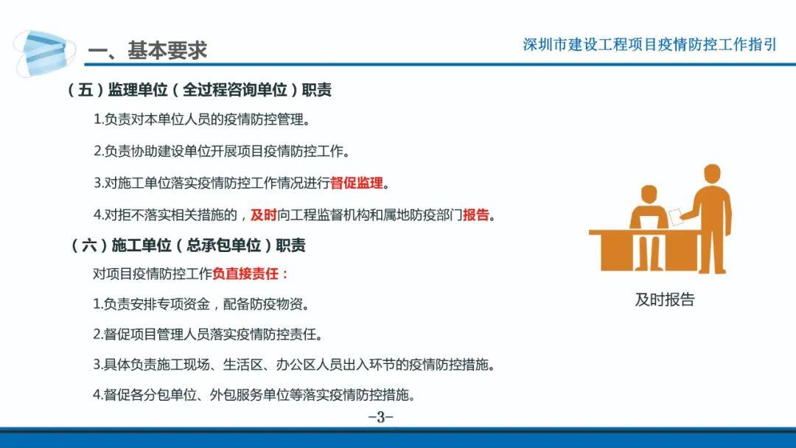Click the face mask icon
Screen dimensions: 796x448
pyautogui.click(x=44, y=53)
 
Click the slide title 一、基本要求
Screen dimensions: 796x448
pyautogui.click(x=147, y=50)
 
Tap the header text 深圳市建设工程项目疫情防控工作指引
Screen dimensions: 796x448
pyautogui.click(x=649, y=45)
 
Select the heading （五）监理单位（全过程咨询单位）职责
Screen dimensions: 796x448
pyautogui.click(x=200, y=90)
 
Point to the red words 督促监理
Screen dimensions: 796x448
pyautogui.click(x=357, y=183)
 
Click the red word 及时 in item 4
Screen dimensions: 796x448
pyautogui.click(x=263, y=215)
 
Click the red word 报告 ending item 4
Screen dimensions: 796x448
pyautogui.click(x=475, y=215)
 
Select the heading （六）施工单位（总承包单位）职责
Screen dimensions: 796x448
pyautogui.click(x=189, y=245)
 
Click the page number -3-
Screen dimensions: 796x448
pyautogui.click(x=381, y=417)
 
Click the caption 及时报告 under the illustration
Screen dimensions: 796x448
pyautogui.click(x=665, y=300)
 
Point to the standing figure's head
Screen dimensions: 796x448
pyautogui.click(x=712, y=172)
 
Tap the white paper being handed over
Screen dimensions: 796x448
pyautogui.click(x=676, y=217)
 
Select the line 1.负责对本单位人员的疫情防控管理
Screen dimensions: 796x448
pyautogui.click(x=202, y=120)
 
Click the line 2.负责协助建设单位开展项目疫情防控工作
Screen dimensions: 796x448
pyautogui.click(x=222, y=151)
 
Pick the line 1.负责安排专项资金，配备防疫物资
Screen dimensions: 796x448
pyautogui.click(x=201, y=304)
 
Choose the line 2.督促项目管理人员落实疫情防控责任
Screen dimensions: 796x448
pyautogui.click(x=208, y=335)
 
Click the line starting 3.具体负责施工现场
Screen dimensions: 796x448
pyautogui.click(x=294, y=365)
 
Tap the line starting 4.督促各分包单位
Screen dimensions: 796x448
pyautogui.click(x=254, y=395)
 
